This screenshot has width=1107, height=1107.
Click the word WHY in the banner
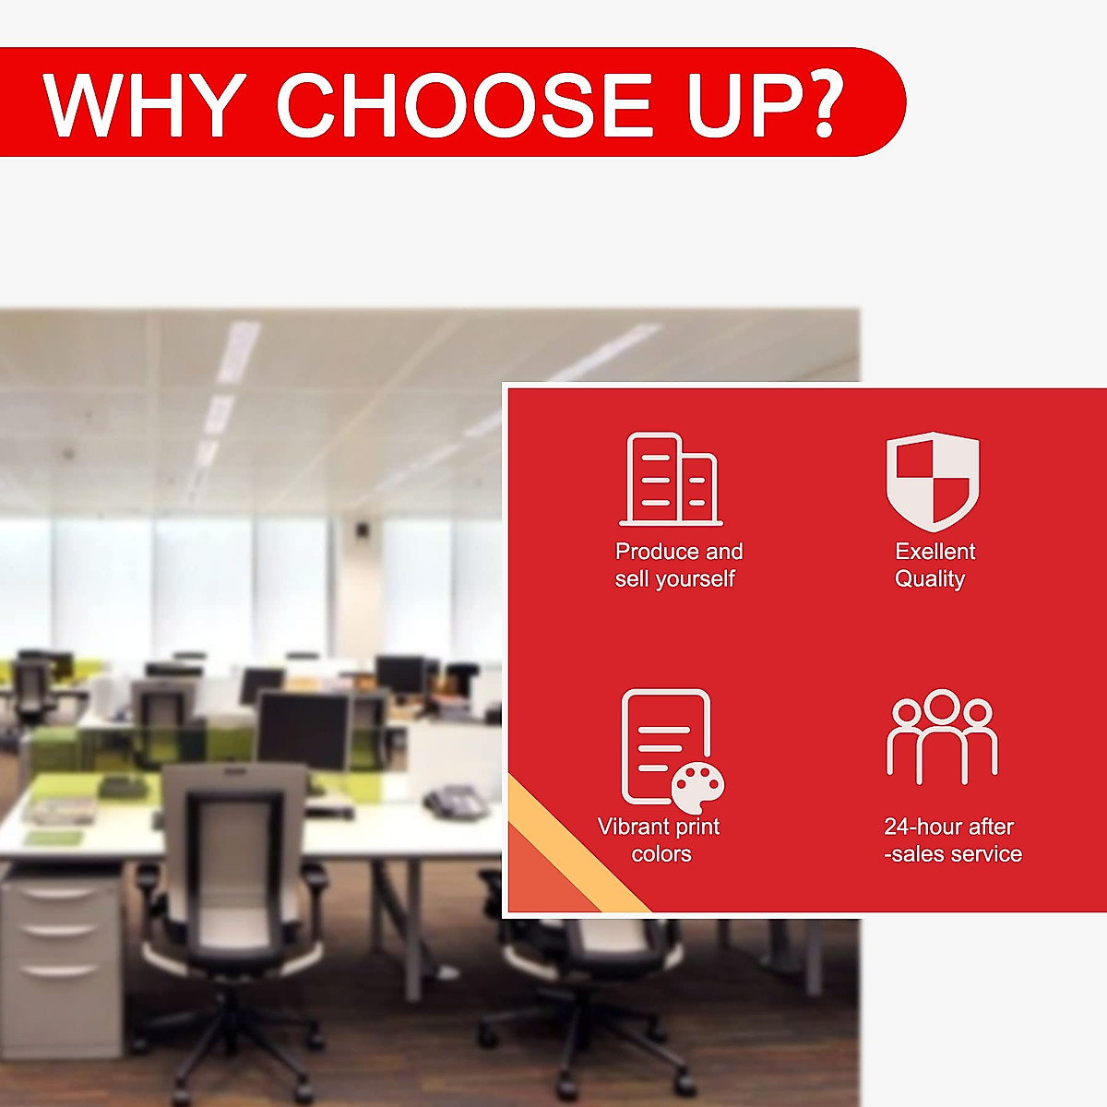[142, 104]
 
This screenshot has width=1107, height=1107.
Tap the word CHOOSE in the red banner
[465, 104]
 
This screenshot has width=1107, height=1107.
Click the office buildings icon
[671, 479]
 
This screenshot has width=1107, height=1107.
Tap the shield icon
[933, 481]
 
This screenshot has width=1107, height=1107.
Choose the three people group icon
[942, 736]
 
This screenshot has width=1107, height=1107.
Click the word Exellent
[935, 552]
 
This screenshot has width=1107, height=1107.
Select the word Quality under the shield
[930, 579]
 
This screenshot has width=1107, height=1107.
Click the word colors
[661, 854]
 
